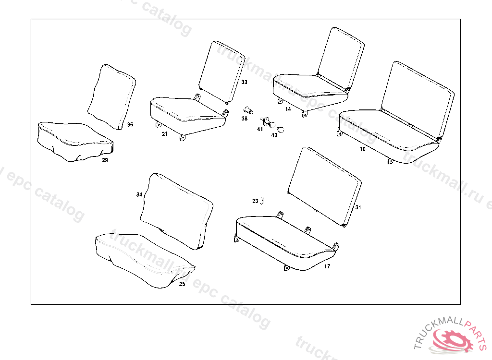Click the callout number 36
point(130,125)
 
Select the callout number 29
point(105,160)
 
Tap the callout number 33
point(244,83)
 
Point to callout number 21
point(164,134)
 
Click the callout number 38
point(244,119)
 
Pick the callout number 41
point(260,130)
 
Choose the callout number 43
point(274,135)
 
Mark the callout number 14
point(288,109)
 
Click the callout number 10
point(362,149)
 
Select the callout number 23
point(255,201)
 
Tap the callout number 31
point(358,207)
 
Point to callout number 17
point(327,266)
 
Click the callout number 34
point(139,194)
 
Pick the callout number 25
point(182,284)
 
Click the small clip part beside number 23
point(262,201)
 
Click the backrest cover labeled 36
point(112,96)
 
